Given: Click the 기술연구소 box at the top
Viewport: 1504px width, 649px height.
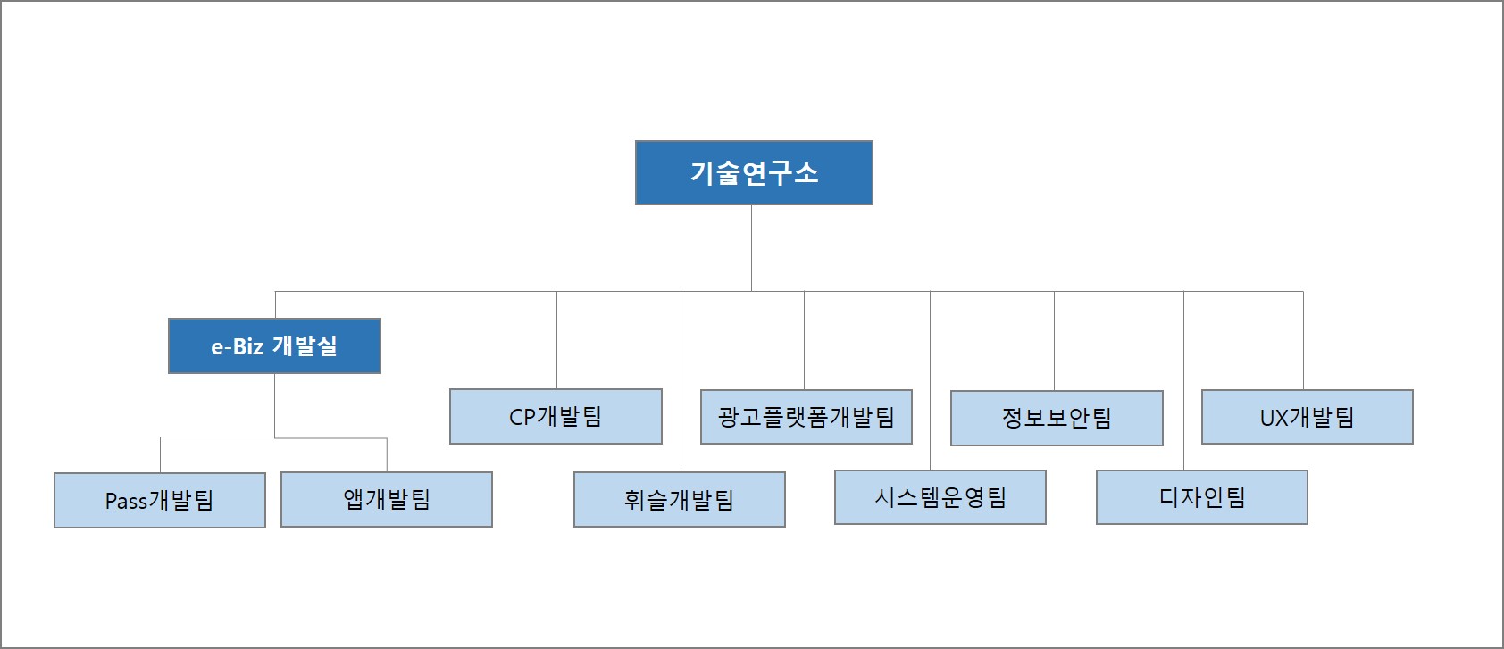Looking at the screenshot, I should click(754, 172).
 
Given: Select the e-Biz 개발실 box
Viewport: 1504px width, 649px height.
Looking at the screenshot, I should click(274, 345).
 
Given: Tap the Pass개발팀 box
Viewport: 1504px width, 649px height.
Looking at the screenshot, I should click(160, 500).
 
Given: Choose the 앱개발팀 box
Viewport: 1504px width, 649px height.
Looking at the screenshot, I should click(387, 499).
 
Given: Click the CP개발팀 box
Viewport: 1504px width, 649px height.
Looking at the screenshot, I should click(556, 416).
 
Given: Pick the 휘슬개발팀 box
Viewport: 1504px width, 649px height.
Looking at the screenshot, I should click(680, 499).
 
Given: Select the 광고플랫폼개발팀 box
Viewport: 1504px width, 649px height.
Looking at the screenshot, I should click(806, 417).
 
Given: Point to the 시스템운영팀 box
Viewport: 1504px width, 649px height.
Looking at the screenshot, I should click(940, 497).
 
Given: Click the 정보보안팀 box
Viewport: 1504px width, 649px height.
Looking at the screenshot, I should click(1057, 418).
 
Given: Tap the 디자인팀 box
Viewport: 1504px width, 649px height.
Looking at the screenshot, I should click(1202, 497).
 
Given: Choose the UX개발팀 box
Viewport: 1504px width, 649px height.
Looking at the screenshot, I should click(1308, 417).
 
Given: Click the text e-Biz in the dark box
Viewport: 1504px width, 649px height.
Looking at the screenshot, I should click(238, 346).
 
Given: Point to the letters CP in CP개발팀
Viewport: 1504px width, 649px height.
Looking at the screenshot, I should click(522, 417).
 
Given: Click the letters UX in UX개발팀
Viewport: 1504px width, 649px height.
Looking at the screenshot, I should click(1274, 418).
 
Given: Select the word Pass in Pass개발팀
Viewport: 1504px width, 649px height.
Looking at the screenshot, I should click(126, 501).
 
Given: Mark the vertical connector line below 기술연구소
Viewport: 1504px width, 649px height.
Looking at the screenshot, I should click(751, 248).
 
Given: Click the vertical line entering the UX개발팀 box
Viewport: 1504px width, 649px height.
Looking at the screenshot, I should click(1303, 340).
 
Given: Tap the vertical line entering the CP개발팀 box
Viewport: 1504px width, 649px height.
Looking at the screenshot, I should click(556, 340).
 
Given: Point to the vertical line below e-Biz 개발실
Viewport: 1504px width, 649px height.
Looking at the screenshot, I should click(274, 404).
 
